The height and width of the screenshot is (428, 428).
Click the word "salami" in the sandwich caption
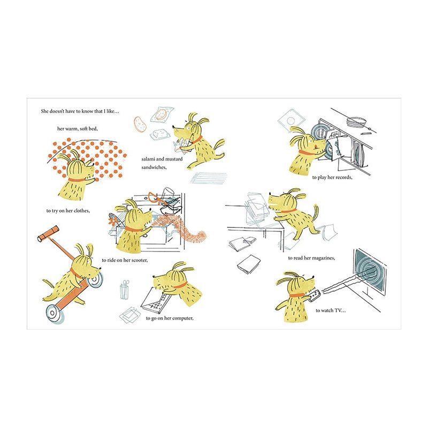(x=148, y=159)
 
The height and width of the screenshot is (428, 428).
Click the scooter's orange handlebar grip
(x=48, y=234)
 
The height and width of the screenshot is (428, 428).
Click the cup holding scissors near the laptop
(x=125, y=291)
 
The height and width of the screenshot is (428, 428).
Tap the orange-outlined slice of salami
(x=140, y=124)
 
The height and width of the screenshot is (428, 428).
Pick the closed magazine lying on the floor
(x=249, y=264)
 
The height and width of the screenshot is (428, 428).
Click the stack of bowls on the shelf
(x=356, y=122)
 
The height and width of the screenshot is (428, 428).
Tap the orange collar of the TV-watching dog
(x=297, y=295)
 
